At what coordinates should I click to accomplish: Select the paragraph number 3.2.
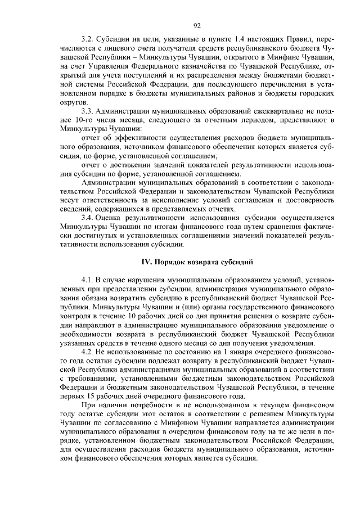(87, 40)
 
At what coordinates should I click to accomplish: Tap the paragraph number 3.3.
(87, 112)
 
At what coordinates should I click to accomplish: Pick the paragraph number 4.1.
(87, 280)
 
